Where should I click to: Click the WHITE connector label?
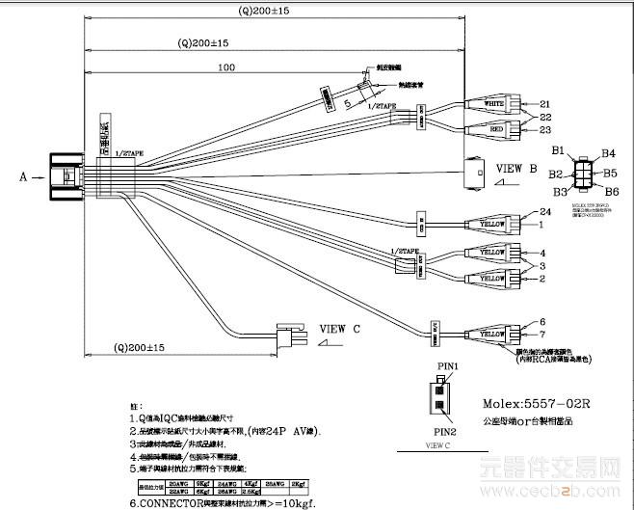point(493,103)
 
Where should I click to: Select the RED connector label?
point(493,129)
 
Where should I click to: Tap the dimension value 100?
point(226,67)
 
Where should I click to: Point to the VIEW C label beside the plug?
point(339,328)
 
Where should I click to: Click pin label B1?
point(557,151)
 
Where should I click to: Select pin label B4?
point(608,152)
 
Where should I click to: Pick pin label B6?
point(609,192)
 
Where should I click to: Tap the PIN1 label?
point(447,367)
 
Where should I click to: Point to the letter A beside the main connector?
point(22,176)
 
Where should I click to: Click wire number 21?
point(544,103)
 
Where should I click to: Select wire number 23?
point(544,129)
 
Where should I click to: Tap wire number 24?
point(544,212)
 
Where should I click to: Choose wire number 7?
point(544,335)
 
